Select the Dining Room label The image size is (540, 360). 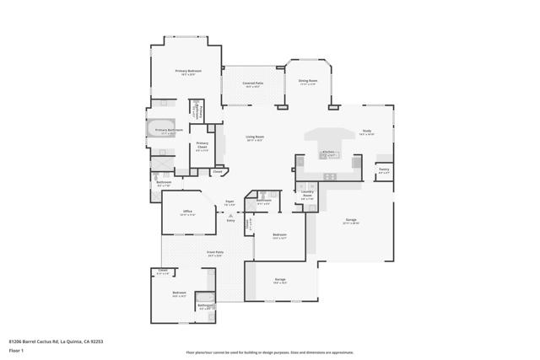[307, 82]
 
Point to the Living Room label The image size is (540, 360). [255, 137]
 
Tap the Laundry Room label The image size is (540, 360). [308, 196]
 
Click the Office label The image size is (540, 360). [186, 212]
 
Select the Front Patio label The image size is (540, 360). [215, 251]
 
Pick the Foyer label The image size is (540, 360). [228, 202]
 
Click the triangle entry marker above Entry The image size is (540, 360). [229, 215]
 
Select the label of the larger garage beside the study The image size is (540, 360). [350, 221]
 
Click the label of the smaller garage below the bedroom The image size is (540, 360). [281, 280]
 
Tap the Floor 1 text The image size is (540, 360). [16, 350]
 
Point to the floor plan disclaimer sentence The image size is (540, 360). [269, 352]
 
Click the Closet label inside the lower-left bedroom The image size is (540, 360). [164, 271]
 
